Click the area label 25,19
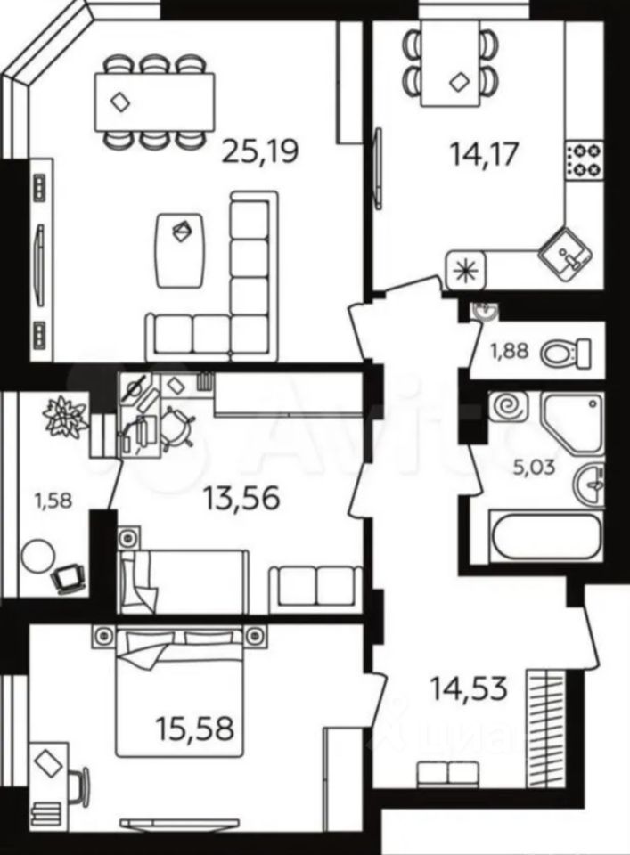pyautogui.click(x=261, y=151)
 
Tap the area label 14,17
pyautogui.click(x=483, y=154)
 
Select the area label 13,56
pyautogui.click(x=241, y=498)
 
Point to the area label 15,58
pyautogui.click(x=195, y=728)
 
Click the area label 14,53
pyautogui.click(x=469, y=688)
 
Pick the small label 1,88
pyautogui.click(x=510, y=351)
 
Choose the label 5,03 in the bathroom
pyautogui.click(x=536, y=467)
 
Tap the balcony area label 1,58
pyautogui.click(x=53, y=500)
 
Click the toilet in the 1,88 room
pyautogui.click(x=566, y=353)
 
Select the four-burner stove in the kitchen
pyautogui.click(x=585, y=159)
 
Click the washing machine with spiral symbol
pyautogui.click(x=509, y=407)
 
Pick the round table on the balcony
pyautogui.click(x=38, y=555)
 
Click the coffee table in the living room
pyautogui.click(x=181, y=250)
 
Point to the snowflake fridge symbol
pyautogui.click(x=465, y=270)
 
